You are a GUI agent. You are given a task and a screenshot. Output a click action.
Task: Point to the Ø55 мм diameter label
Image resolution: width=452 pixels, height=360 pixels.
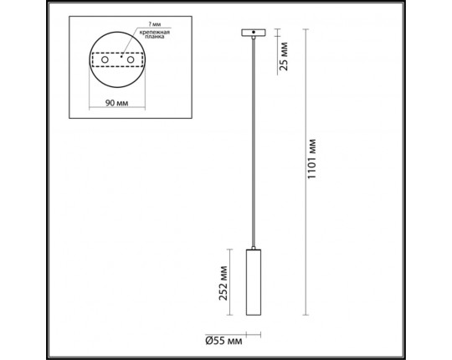pyautogui.click(x=223, y=340)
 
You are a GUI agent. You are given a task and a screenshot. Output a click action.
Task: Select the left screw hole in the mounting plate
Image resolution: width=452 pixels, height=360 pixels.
pyautogui.click(x=105, y=60)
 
